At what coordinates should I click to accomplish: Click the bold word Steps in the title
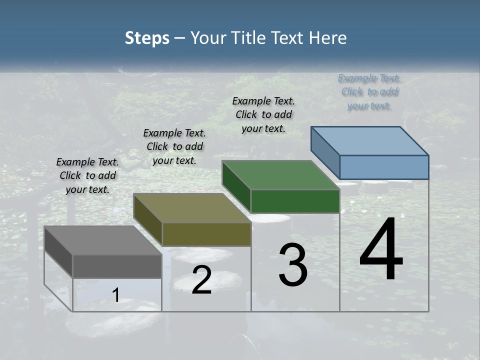coord(147,38)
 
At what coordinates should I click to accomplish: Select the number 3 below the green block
coord(293,265)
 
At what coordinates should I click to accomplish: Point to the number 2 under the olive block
coord(201,280)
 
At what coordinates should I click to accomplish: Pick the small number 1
coord(116,295)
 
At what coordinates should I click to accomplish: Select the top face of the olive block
coord(192,208)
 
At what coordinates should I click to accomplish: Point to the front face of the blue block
coord(384,167)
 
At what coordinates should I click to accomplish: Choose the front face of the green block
coord(295,201)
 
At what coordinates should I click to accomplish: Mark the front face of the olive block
coord(206,234)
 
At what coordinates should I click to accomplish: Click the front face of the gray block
coord(117,266)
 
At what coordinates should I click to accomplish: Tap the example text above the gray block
coord(87,175)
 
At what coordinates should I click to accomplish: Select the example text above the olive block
coord(174,146)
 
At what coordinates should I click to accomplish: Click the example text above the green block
coord(263,114)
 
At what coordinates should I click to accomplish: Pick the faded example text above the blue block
coord(369,92)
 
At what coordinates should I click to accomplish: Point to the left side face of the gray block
coord(58,251)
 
